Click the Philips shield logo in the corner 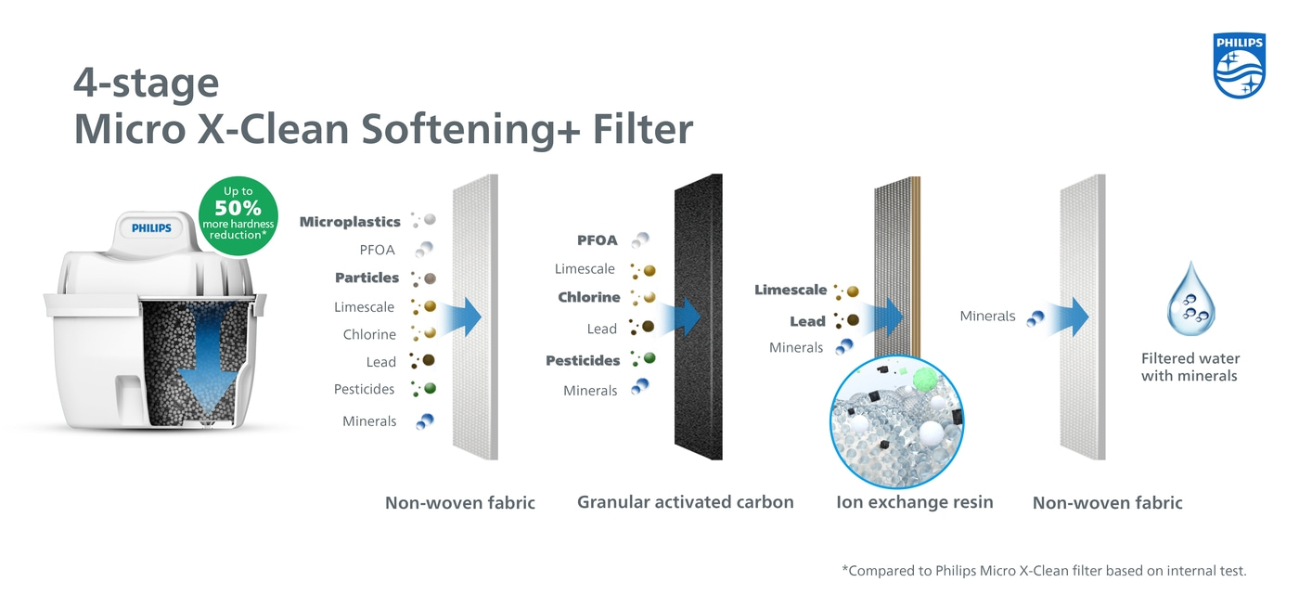pos(1240,65)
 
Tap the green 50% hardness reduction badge pos(238,215)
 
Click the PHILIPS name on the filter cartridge pos(151,228)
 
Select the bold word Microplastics pos(350,222)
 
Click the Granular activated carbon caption pos(685,501)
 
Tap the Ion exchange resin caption pos(915,501)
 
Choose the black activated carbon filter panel pos(698,317)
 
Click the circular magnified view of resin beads pos(897,422)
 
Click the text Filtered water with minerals pos(1190,367)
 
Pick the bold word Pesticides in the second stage pos(583,361)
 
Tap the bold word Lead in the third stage pos(807,321)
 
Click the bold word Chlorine pos(588,297)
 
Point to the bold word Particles pos(367,278)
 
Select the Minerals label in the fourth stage pos(987,316)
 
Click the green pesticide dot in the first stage pos(430,388)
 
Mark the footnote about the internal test pos(1044,571)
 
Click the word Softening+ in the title pos(470,129)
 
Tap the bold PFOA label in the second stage pos(598,240)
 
